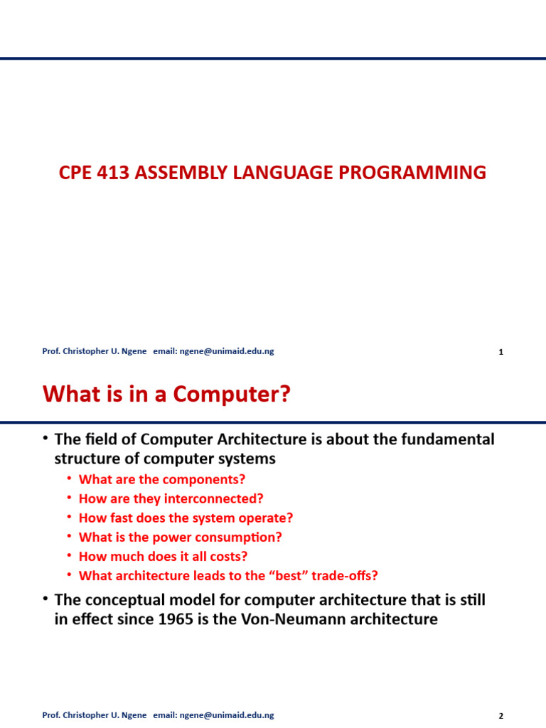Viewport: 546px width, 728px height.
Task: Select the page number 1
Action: pos(501,352)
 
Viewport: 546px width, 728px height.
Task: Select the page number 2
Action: pos(501,716)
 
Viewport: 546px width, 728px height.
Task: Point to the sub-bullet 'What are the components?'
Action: pos(161,479)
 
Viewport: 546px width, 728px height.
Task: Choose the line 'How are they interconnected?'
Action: pos(171,498)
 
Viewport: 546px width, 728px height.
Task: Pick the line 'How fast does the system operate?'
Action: pos(186,518)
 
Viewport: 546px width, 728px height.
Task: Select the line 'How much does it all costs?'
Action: pos(163,557)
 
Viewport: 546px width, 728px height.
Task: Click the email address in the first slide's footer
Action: pos(227,351)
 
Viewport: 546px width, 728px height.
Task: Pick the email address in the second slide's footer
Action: pos(227,715)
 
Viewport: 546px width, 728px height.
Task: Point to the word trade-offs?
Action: pos(353,576)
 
